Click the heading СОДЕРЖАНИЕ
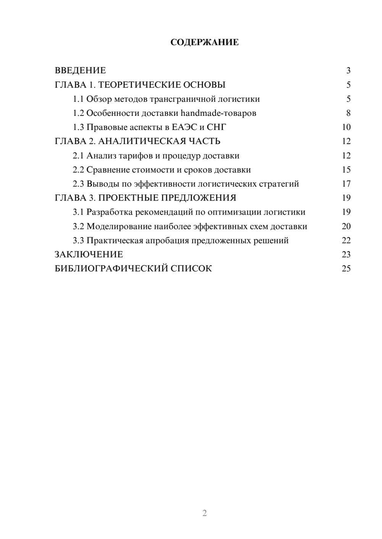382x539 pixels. point(204,42)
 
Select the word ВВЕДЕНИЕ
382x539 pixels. point(80,71)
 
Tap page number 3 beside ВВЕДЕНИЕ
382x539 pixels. point(348,71)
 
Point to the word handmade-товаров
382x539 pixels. point(218,113)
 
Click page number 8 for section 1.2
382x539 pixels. point(348,113)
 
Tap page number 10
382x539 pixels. point(346,127)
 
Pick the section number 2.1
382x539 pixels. point(78,156)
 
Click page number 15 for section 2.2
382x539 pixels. point(346,170)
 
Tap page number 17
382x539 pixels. point(346,184)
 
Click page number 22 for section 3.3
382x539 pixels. point(346,241)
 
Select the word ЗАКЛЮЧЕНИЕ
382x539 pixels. point(89,255)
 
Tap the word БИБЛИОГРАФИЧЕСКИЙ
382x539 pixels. point(111,269)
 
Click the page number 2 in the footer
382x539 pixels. point(204,513)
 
